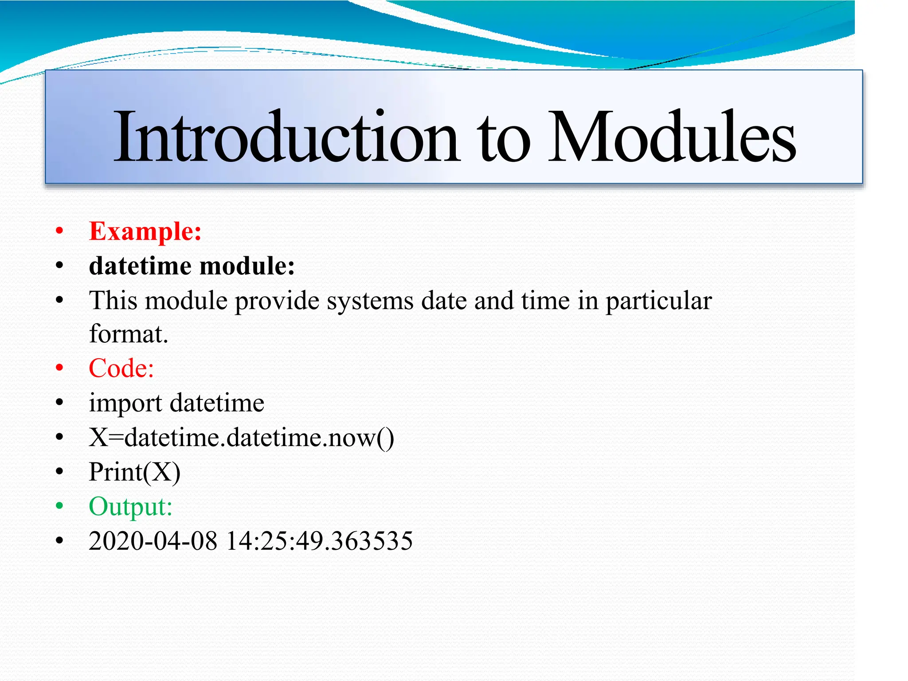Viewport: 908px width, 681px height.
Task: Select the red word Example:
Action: pyautogui.click(x=145, y=231)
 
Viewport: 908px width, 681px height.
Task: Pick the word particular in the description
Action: pyautogui.click(x=658, y=301)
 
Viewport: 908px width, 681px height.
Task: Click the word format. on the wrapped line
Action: pyautogui.click(x=129, y=334)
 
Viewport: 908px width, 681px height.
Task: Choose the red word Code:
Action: pyautogui.click(x=121, y=368)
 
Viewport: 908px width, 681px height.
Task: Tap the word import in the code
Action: pyautogui.click(x=125, y=403)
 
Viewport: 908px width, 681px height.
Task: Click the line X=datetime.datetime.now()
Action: pyautogui.click(x=241, y=438)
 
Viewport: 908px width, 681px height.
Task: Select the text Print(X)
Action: pyautogui.click(x=134, y=472)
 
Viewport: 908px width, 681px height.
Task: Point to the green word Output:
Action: pyautogui.click(x=130, y=506)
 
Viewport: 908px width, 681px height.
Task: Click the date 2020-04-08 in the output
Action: pyautogui.click(x=153, y=541)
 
